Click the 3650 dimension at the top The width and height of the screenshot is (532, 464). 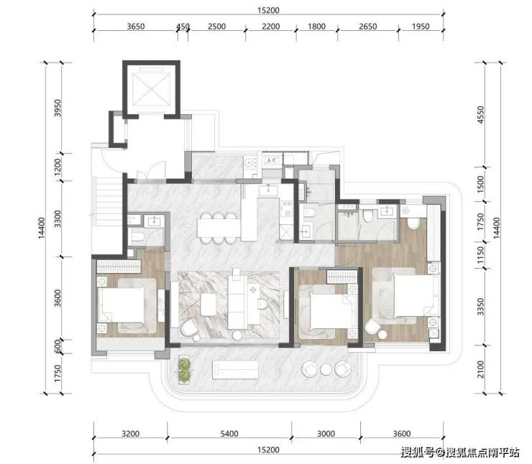136,27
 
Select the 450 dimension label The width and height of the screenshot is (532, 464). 183,27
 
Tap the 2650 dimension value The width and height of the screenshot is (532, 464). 368,27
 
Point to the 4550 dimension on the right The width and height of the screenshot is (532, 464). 480,115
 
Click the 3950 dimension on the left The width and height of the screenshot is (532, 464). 58,108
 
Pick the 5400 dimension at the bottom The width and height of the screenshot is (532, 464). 229,434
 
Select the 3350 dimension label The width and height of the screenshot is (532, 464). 480,307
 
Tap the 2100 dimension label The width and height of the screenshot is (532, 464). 480,369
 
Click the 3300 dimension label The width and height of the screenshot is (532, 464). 58,219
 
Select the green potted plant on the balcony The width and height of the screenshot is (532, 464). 185,371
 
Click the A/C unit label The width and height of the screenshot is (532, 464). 272,159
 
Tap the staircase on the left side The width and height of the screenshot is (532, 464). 107,199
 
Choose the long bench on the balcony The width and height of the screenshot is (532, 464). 235,369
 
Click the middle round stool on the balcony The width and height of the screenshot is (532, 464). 326,369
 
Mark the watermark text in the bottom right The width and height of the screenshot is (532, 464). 460,452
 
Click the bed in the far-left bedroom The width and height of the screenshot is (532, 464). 127,305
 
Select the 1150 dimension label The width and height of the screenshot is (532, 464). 480,255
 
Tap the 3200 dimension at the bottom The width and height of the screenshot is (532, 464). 131,434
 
